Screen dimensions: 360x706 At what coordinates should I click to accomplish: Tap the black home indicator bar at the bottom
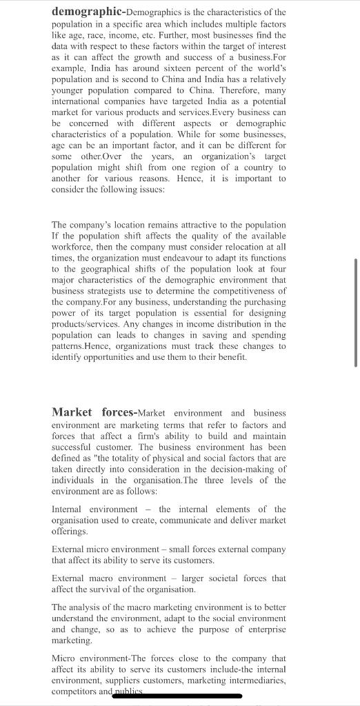tap(180, 697)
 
